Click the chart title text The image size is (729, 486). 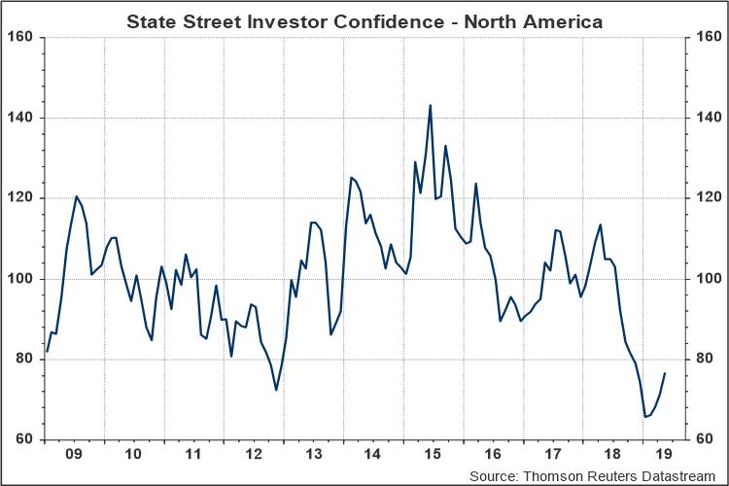364,19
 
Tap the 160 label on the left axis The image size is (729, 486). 21,37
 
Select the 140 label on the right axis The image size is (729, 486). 707,118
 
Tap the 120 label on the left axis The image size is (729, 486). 21,198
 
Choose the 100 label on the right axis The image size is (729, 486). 707,279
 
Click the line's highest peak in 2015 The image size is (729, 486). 430,105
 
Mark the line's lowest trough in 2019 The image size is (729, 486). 645,417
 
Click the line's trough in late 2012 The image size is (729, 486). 276,390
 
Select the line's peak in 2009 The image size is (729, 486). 77,196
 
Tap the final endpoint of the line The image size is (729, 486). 665,373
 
